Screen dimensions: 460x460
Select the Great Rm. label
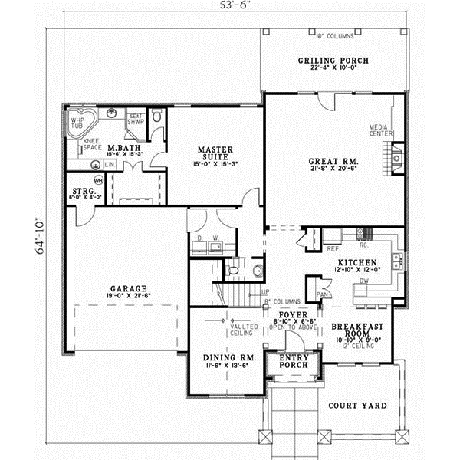333,162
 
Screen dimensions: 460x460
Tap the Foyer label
293,314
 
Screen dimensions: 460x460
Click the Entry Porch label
293,361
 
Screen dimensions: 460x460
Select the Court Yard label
357,405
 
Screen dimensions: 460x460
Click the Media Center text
380,130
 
